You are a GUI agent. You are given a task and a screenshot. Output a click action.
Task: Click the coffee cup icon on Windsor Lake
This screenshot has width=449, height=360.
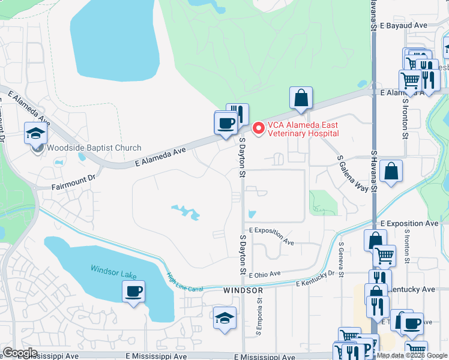pos(133,292)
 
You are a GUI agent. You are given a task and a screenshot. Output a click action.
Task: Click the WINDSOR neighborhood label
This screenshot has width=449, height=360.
pos(243,290)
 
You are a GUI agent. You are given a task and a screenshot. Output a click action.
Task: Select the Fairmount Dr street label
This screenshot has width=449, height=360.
pos(74,178)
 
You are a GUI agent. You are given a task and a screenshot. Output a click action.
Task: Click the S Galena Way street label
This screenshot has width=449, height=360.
pos(352,173)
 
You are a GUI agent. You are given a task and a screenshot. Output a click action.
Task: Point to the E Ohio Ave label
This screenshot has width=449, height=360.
pos(264,274)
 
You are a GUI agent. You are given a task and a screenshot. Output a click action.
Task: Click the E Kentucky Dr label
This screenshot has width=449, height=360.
pos(315,277)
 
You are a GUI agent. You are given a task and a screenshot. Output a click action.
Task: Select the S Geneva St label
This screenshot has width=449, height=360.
pos(341,260)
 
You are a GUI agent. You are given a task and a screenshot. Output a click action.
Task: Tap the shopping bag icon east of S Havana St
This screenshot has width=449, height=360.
pos(391,172)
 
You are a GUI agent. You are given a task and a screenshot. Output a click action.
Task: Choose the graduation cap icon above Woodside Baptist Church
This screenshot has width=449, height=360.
pos(35,133)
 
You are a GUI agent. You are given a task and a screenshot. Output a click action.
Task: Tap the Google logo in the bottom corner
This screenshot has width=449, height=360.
pos(19,353)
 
